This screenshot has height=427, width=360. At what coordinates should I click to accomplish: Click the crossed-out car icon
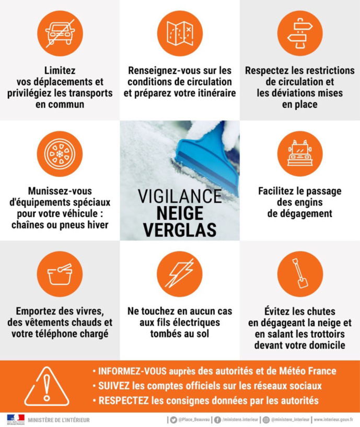pyautogui.click(x=60, y=33)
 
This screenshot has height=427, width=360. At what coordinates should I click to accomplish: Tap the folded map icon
pyautogui.click(x=180, y=33)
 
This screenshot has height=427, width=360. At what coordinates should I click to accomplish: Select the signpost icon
pyautogui.click(x=299, y=33)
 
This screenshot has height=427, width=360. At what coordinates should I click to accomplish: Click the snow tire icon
pyautogui.click(x=60, y=153)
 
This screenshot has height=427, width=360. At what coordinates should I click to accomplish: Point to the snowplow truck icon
pyautogui.click(x=299, y=153)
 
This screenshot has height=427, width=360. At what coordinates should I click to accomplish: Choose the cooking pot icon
pyautogui.click(x=60, y=273)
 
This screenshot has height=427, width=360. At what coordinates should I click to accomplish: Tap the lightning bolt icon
pyautogui.click(x=180, y=273)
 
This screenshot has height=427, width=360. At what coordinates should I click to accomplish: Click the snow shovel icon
pyautogui.click(x=299, y=273)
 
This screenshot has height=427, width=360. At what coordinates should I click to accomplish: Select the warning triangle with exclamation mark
pyautogui.click(x=47, y=386)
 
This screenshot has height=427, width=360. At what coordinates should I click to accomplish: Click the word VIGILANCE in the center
pyautogui.click(x=180, y=196)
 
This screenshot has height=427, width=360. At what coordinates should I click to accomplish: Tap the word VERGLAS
pyautogui.click(x=180, y=229)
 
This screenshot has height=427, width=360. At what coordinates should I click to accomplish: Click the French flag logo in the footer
pyautogui.click(x=15, y=419)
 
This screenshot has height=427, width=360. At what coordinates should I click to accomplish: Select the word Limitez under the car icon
pyautogui.click(x=60, y=71)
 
